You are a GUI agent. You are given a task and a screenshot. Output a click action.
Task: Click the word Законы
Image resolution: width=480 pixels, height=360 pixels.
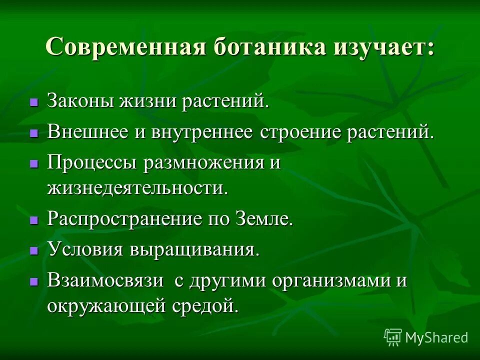[x=80, y=101]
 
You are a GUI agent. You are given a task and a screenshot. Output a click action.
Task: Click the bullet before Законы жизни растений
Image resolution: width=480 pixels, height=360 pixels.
[x=34, y=102]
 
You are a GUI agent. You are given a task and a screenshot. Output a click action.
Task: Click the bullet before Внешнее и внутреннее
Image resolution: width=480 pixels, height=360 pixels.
[x=34, y=133]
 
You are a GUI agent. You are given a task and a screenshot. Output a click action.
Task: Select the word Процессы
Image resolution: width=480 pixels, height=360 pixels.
[x=92, y=163]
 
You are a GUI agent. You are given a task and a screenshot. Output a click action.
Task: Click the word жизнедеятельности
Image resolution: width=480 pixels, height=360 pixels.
[x=137, y=188]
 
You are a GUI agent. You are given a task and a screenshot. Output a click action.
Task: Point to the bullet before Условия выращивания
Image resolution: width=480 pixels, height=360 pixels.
[x=34, y=250]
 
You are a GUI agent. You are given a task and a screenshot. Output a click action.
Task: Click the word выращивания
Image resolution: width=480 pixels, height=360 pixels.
[x=195, y=249]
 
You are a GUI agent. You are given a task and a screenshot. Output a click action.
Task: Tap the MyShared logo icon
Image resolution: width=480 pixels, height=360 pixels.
[x=393, y=337]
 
